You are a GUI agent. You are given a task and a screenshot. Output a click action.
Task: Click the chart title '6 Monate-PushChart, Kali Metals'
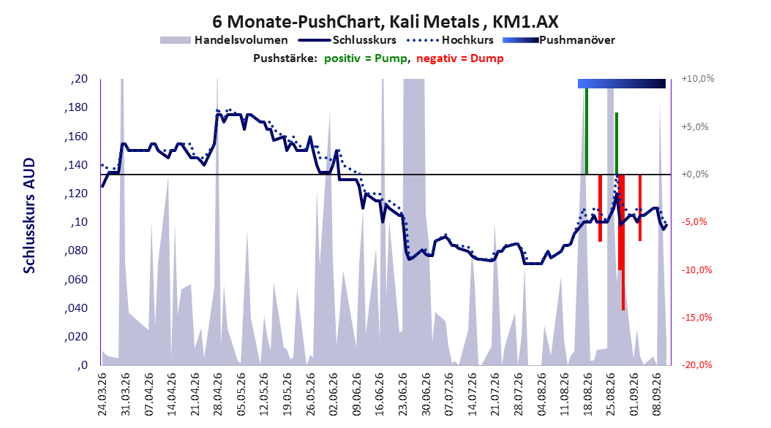coord(346,22)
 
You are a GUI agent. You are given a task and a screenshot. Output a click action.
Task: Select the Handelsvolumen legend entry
coord(224,40)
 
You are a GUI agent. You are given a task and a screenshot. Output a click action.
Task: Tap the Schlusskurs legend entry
coord(347,40)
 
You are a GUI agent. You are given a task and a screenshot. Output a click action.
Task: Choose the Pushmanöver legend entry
coord(559,40)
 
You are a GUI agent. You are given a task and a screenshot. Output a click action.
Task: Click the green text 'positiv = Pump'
coord(366,58)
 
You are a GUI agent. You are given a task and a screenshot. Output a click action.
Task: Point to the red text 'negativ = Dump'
coord(460,58)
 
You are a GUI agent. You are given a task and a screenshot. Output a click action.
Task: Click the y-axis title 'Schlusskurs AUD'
coord(29,215)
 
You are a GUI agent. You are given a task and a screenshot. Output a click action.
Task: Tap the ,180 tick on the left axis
coord(76,107)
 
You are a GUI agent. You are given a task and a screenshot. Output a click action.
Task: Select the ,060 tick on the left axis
coord(76,280)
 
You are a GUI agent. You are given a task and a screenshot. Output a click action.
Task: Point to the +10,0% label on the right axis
coord(698,79)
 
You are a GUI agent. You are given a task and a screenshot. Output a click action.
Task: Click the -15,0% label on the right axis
coord(696,318)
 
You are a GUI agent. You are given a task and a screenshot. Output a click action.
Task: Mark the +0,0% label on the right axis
coord(695,175)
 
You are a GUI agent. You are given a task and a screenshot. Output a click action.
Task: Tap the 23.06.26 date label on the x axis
coord(403,394)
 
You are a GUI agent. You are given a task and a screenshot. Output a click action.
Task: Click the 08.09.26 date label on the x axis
coord(656,394)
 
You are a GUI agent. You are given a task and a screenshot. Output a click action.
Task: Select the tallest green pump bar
coord(587,131)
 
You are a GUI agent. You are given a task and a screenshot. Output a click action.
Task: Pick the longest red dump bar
coord(623,242)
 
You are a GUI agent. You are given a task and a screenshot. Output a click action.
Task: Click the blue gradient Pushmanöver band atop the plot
coord(622,83)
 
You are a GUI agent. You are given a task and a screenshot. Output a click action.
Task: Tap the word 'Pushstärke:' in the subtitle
coord(285,58)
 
